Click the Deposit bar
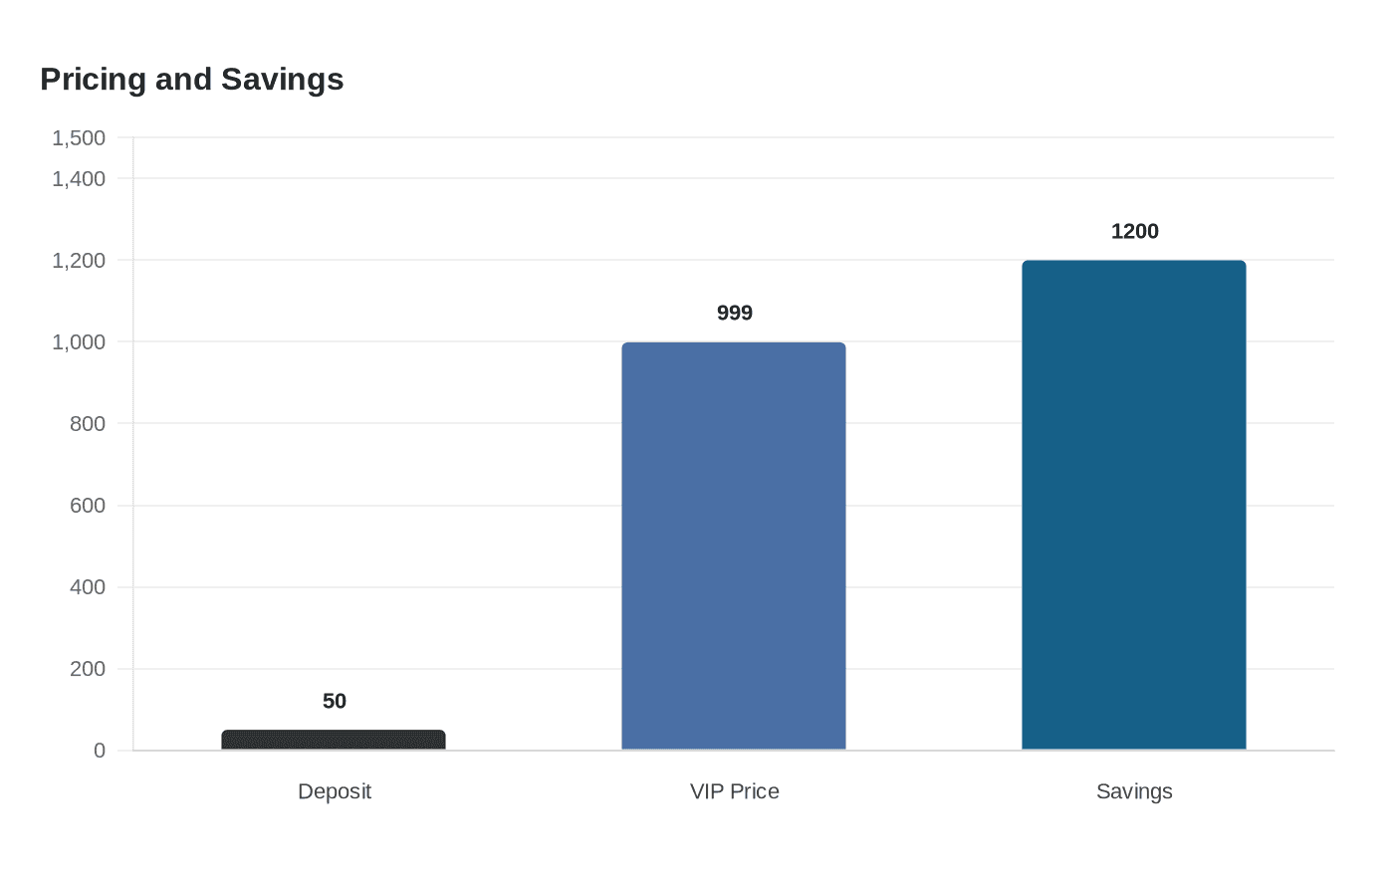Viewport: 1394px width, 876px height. click(x=334, y=740)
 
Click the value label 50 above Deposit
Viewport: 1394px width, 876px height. click(x=335, y=701)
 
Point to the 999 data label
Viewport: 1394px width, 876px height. click(x=735, y=313)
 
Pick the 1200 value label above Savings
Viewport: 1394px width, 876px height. click(x=1134, y=231)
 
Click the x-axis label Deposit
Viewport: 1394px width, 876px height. click(x=335, y=791)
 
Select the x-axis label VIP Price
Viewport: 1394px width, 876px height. click(x=734, y=791)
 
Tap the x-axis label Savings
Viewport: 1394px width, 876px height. click(x=1134, y=791)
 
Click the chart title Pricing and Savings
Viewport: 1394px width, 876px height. click(x=192, y=79)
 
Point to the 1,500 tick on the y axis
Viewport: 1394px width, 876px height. click(x=79, y=137)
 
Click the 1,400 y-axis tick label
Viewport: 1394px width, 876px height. click(x=79, y=178)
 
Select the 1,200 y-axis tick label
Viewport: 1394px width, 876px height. click(x=79, y=260)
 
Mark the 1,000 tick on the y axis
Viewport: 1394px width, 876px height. click(x=79, y=341)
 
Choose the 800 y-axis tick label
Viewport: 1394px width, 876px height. click(x=88, y=423)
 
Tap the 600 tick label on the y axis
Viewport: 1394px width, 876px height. click(x=88, y=505)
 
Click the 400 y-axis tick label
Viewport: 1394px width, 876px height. click(x=88, y=586)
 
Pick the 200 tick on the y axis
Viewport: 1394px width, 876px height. click(x=88, y=668)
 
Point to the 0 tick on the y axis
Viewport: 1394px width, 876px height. click(x=100, y=751)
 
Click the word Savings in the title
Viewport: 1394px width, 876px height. click(x=282, y=79)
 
